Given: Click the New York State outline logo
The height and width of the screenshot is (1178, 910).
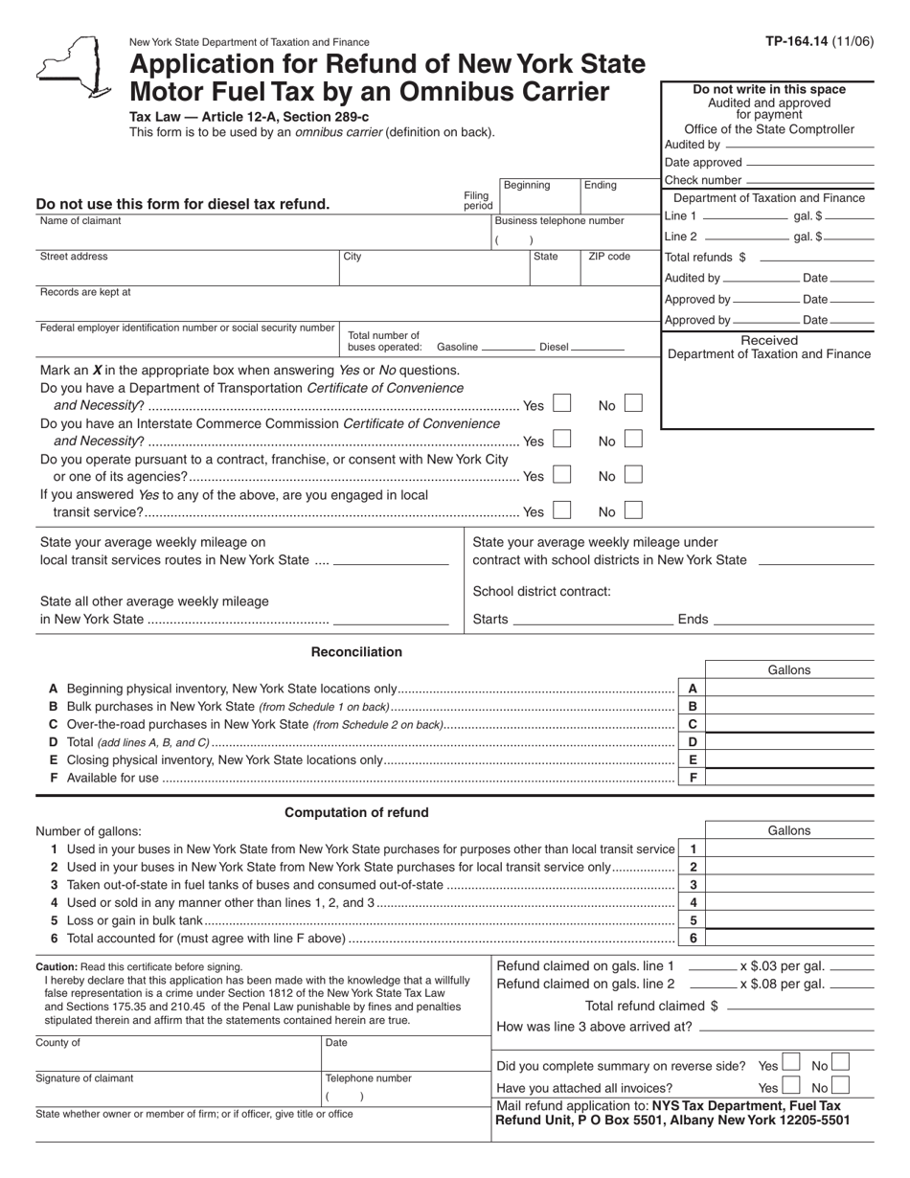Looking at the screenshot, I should click(x=73, y=66).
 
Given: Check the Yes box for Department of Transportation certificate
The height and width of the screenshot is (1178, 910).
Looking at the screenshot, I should click(x=562, y=404).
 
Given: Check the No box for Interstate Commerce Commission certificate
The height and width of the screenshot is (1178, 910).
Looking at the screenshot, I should click(x=632, y=440).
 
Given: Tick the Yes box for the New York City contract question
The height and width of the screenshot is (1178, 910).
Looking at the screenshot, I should click(x=562, y=475).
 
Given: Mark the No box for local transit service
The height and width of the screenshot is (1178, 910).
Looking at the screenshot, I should click(x=632, y=510).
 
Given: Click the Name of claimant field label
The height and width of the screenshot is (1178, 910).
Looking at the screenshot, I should click(x=80, y=221).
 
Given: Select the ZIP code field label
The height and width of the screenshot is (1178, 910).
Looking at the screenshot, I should click(x=609, y=257).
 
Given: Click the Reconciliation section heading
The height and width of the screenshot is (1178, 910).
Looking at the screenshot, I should click(x=356, y=652).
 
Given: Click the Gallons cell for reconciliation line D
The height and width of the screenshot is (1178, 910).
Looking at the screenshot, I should click(x=789, y=742).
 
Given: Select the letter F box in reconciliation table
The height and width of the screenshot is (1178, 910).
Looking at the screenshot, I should click(x=693, y=778).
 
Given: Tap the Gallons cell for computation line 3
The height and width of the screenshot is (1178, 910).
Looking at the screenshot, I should click(x=789, y=885).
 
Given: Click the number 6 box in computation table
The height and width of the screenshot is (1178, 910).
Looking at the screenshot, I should click(x=693, y=939).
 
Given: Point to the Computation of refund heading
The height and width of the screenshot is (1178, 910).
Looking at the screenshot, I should click(x=356, y=812).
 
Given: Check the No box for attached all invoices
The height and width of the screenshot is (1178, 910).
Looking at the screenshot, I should click(x=839, y=1086).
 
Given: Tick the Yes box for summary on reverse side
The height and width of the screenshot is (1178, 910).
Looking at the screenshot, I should click(x=790, y=1062).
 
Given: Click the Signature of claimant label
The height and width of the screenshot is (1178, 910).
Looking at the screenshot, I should click(x=84, y=1078).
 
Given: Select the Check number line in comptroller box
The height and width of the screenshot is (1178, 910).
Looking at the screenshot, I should click(x=809, y=180).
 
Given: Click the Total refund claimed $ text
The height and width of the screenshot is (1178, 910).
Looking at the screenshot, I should click(x=651, y=1006).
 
